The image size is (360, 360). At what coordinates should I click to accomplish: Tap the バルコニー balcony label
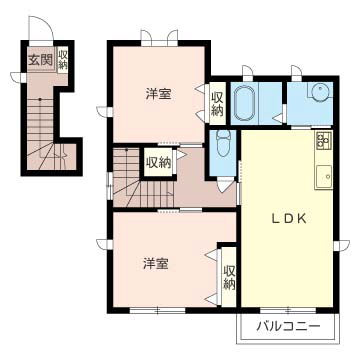coord(287,326)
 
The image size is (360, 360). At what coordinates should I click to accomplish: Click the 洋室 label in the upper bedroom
coord(157,95)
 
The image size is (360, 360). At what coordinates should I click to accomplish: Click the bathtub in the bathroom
coord(247,101)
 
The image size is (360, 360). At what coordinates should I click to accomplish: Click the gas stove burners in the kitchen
coord(324,139)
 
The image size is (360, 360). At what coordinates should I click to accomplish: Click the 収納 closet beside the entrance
coord(63,59)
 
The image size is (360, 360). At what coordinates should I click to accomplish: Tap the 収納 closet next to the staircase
coord(158,161)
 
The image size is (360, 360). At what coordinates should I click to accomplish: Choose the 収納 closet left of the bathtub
coord(218,103)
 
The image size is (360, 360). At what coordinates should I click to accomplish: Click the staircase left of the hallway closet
coord(127,177)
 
